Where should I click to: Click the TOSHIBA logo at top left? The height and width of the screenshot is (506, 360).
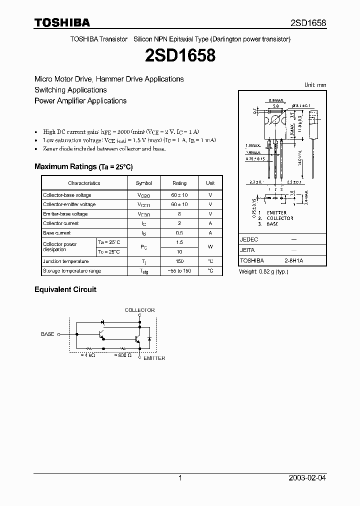coord(62,22)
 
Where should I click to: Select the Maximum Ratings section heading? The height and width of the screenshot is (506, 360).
coord(83,166)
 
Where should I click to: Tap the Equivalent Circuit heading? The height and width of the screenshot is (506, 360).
coord(65,289)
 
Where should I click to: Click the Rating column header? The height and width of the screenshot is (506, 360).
coord(179,183)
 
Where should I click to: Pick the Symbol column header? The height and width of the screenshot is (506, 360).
coord(143,183)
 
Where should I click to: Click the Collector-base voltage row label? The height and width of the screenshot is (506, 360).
coord(67,195)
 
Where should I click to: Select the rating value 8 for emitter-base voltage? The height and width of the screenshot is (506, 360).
coord(179,214)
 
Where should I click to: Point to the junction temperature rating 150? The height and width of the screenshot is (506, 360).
coord(179,261)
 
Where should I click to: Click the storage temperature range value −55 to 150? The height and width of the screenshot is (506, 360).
coord(179,270)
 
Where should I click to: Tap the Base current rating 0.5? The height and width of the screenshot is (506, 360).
coord(179,233)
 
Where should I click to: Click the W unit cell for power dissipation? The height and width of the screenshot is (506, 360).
coord(210,247)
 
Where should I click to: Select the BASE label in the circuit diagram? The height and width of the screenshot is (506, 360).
coord(47,333)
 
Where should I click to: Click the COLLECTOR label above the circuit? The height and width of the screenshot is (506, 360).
coord(139,310)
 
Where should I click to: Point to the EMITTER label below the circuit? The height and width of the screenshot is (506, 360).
coord(154,358)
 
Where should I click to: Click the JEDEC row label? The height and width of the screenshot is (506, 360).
coord(249,239)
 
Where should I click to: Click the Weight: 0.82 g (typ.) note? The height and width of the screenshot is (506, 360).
coord(264,271)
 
